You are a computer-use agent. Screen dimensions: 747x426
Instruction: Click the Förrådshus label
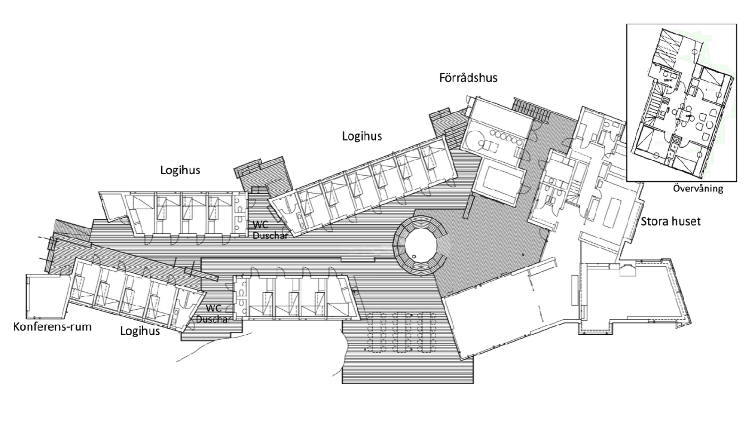point(468,77)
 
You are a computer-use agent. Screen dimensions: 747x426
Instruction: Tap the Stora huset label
point(671,222)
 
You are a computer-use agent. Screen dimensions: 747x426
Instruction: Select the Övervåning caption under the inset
point(698,188)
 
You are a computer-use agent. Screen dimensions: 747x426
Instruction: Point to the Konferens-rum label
point(52,327)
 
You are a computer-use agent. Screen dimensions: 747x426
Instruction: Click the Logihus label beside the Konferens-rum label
point(140,331)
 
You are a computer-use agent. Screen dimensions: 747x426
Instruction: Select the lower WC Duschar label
point(214,314)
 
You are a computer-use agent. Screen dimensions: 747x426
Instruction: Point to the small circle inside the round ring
point(414,256)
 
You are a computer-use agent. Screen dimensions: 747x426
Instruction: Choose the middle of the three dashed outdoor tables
point(402,332)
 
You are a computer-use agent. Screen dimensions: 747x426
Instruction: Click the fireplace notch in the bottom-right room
point(627,269)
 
